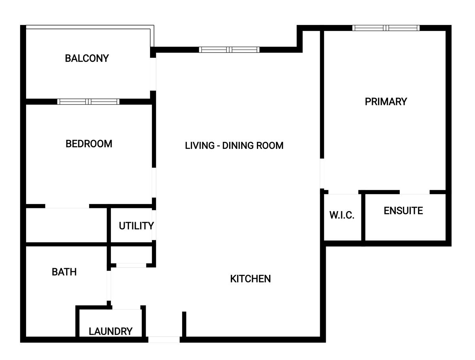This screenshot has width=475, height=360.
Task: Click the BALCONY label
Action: point(87,59)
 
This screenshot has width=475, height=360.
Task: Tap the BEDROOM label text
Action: point(89,144)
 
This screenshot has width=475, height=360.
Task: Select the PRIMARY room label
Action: point(386,102)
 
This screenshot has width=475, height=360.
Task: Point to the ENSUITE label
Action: point(403,211)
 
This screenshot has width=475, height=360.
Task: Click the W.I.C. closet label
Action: point(342,215)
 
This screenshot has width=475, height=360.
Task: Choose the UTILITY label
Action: point(136,226)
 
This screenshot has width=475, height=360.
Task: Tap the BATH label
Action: point(64,272)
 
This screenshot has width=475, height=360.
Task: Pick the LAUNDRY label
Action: point(110,331)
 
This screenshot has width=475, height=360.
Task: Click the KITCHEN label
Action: point(251,279)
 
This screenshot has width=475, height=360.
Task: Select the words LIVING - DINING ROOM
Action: point(234,146)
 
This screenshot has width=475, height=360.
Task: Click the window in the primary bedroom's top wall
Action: point(386,28)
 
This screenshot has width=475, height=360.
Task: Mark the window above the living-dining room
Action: point(229,50)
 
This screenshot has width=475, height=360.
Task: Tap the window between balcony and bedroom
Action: point(88,101)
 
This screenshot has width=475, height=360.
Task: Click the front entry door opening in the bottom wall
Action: point(164,339)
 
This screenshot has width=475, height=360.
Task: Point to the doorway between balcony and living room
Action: point(153,74)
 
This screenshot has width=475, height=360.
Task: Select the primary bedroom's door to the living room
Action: point(322,173)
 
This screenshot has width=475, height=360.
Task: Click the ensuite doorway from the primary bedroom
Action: point(414,192)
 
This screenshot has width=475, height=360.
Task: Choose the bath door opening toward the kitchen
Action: point(109,286)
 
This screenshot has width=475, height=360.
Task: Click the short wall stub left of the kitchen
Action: point(184,324)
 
